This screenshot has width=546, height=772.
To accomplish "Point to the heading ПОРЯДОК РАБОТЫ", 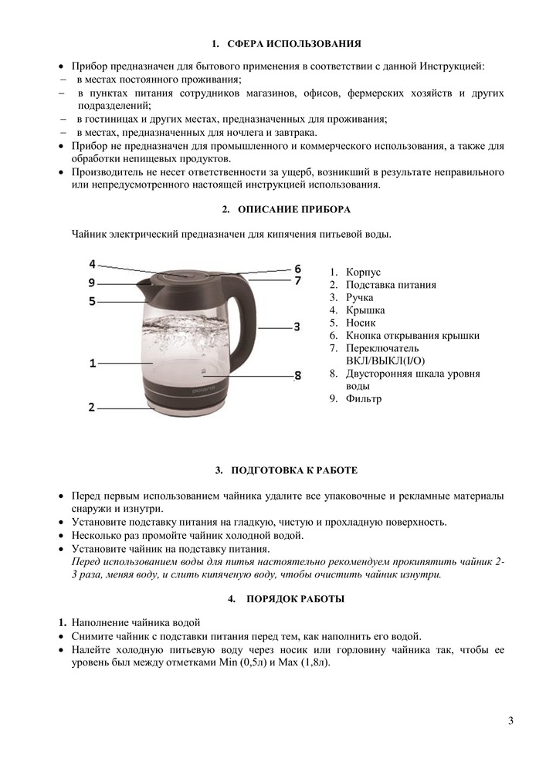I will [x=296, y=599].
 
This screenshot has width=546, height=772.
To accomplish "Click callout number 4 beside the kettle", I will [x=92, y=263].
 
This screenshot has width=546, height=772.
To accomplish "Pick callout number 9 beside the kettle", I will [x=92, y=282].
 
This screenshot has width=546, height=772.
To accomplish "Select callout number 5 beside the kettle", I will [x=92, y=301].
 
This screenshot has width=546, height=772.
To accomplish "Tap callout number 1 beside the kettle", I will [x=93, y=362].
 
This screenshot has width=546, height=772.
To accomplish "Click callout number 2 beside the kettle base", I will [x=92, y=407].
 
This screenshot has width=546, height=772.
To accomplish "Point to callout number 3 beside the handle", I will [x=297, y=327].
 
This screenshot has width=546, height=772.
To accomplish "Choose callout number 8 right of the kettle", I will [x=297, y=376].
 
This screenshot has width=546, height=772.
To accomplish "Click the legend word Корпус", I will [x=364, y=273].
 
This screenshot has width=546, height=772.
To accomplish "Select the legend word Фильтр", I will [x=364, y=399].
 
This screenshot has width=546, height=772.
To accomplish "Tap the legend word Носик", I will [x=361, y=323].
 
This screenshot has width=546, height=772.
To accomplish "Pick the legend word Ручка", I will [x=360, y=297].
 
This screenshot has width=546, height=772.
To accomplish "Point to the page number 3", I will [x=510, y=721].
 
